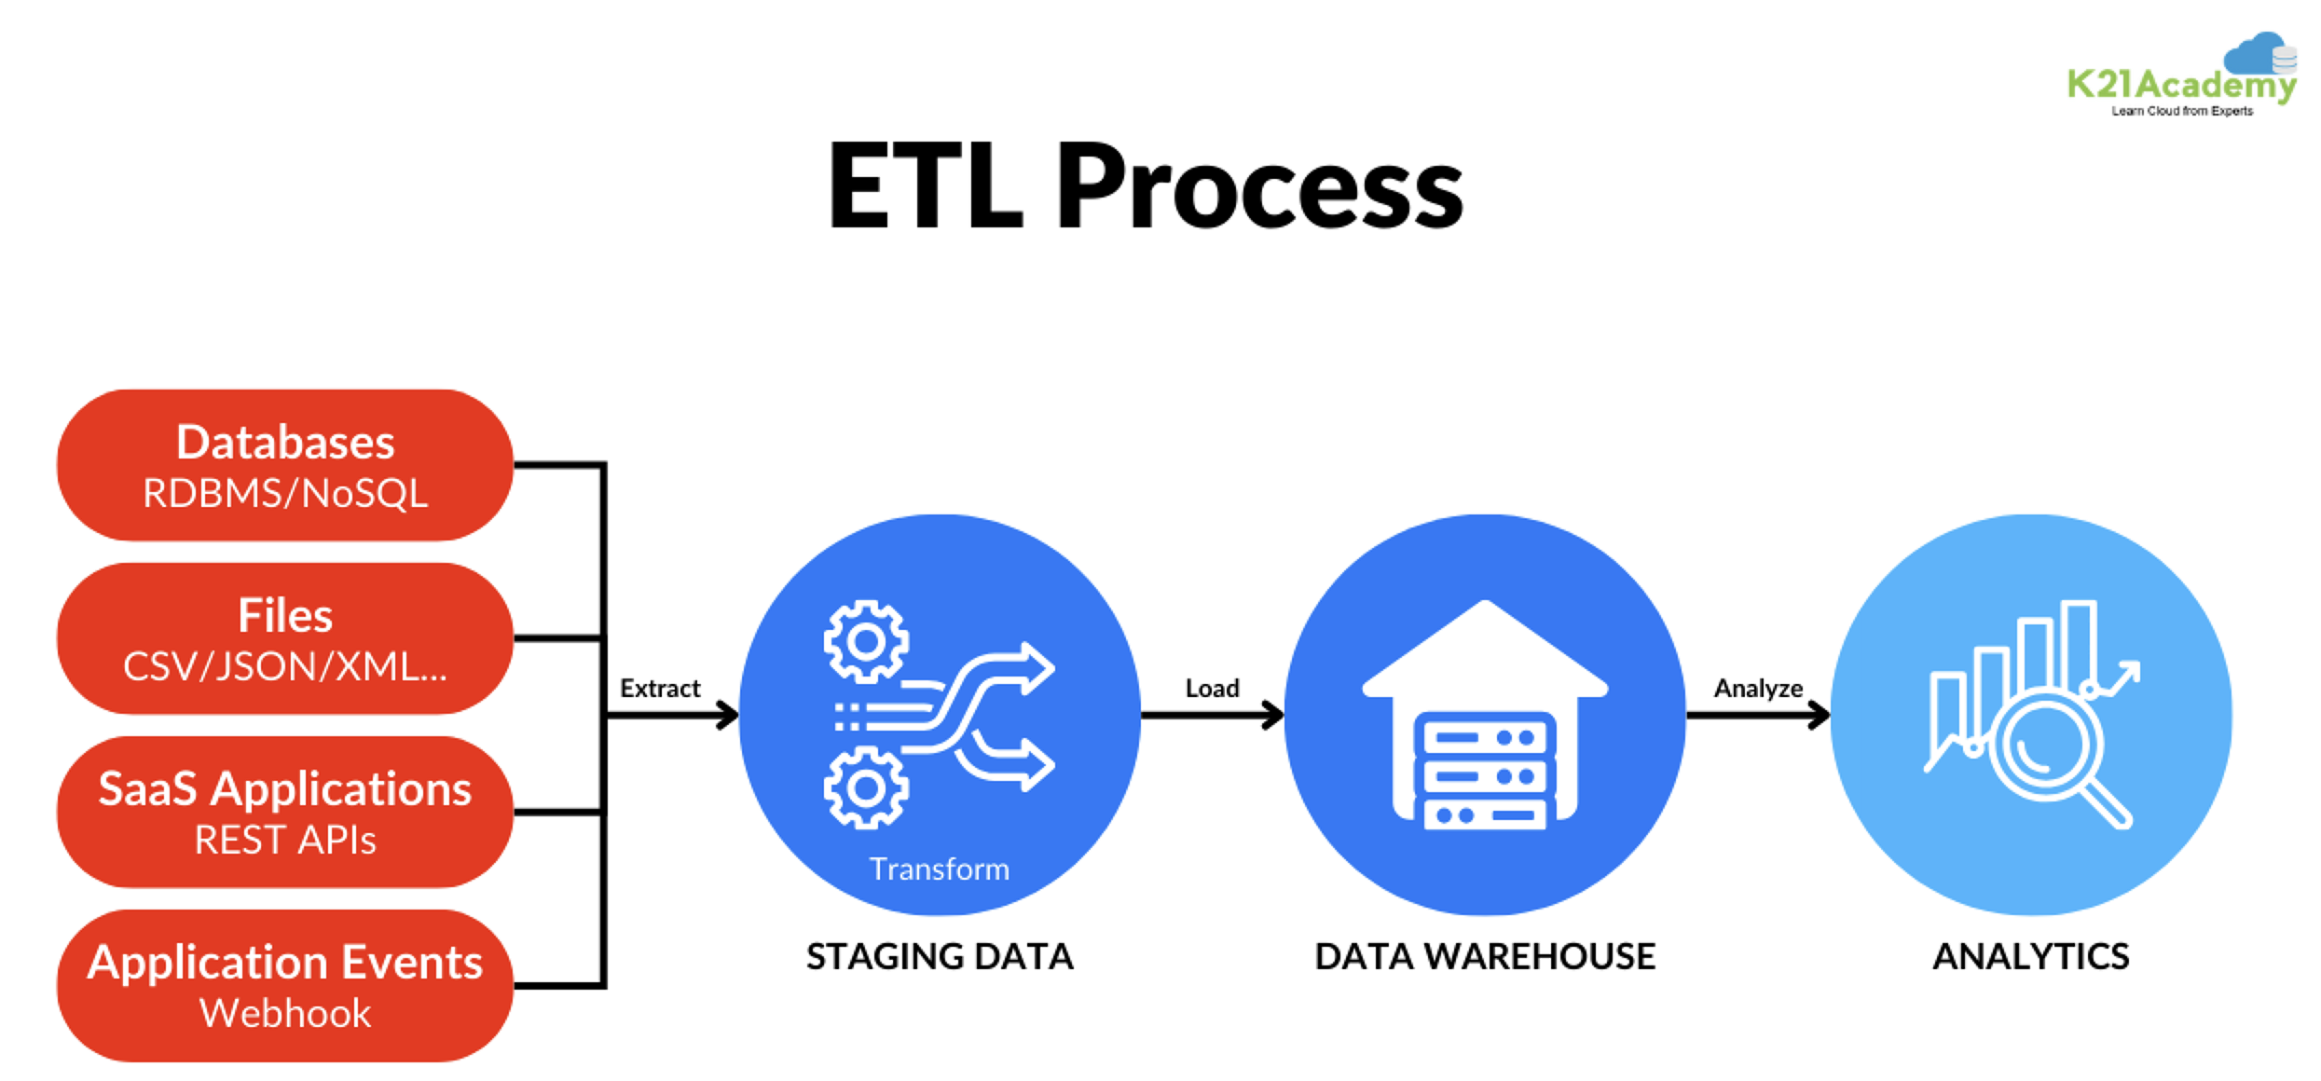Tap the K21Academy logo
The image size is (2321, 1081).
point(2181,79)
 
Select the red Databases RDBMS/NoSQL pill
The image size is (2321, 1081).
point(285,465)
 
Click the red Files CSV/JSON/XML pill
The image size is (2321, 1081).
point(285,638)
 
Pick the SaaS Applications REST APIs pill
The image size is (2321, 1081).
point(285,812)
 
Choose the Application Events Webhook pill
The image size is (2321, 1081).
point(285,985)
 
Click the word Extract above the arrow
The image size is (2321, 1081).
point(660,689)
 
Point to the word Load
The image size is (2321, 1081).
point(1212,689)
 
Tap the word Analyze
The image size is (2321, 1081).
point(1758,689)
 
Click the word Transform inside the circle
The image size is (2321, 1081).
point(940,869)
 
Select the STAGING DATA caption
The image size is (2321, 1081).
point(940,956)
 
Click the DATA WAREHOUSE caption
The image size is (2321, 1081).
point(1485,956)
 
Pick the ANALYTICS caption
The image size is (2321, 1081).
point(2031,956)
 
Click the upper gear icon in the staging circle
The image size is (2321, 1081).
point(866,641)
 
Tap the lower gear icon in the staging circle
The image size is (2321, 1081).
point(866,788)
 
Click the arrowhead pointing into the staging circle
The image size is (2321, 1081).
point(727,716)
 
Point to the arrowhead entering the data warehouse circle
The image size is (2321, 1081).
point(1272,716)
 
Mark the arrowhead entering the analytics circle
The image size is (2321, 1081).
point(1819,716)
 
